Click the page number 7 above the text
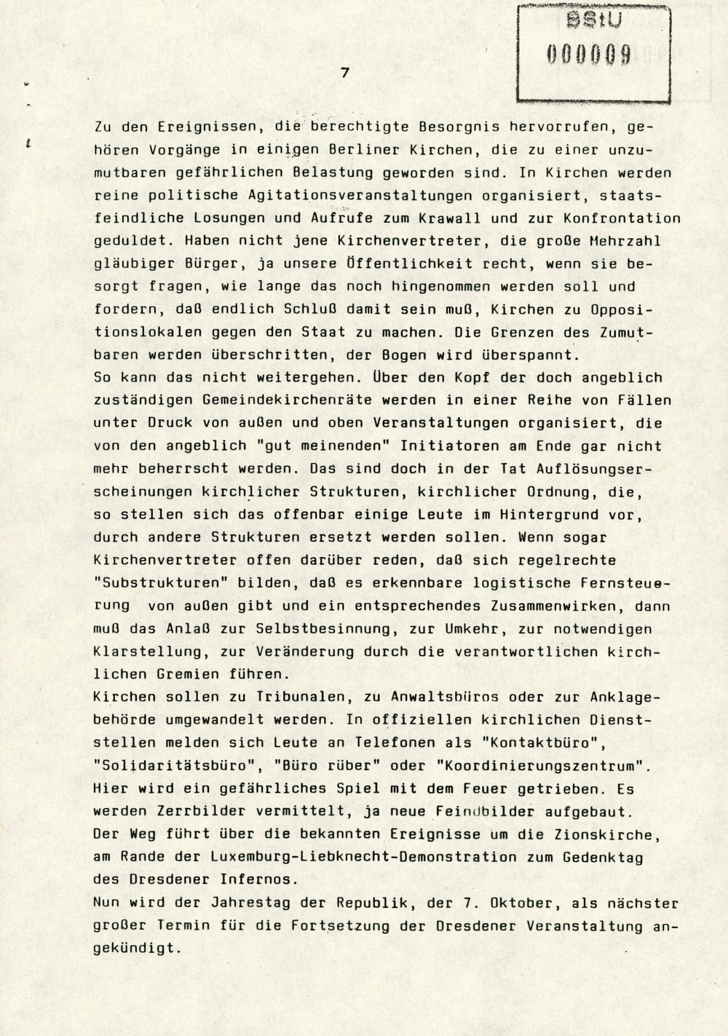pyautogui.click(x=345, y=72)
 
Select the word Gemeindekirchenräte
pyautogui.click(x=281, y=400)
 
